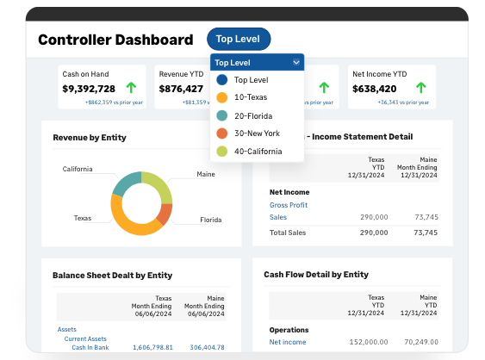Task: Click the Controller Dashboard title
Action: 115,40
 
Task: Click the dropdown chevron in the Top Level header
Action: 296,62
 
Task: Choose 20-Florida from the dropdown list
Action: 254,115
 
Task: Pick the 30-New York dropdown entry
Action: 257,133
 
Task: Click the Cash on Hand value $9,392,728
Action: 89,89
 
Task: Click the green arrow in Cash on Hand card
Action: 131,88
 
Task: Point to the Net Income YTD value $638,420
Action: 375,89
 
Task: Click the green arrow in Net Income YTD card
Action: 420,88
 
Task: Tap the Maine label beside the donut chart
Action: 206,174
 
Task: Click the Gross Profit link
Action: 289,205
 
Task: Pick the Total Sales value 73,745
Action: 426,233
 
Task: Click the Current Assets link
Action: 85,338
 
